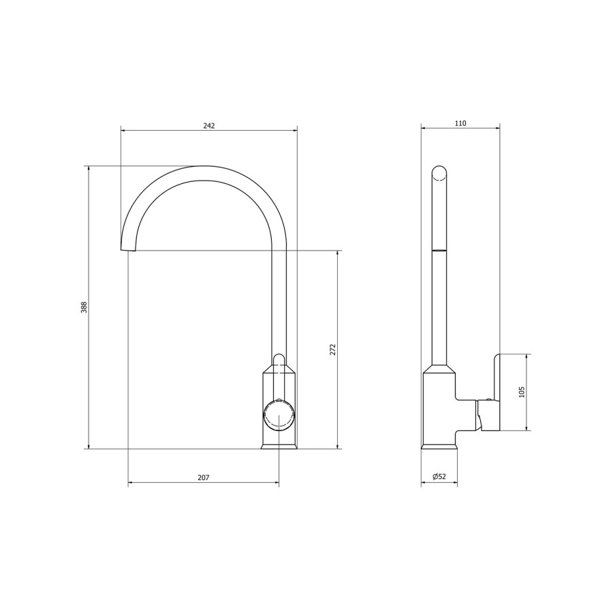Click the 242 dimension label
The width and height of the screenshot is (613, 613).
coord(209,126)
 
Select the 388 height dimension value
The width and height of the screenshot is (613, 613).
coord(84,307)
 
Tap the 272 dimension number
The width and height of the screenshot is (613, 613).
coord(333,349)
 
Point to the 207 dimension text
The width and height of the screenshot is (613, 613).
coord(203,478)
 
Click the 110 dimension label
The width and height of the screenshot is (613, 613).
coord(460,123)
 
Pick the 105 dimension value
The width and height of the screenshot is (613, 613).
coord(522,392)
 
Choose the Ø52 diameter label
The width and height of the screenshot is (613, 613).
coord(439,477)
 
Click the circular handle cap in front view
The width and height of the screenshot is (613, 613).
coord(279,415)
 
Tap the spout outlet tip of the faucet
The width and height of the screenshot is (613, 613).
coord(128,249)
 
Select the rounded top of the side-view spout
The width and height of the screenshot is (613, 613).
coord(440,172)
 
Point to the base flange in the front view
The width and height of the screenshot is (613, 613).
coord(279,446)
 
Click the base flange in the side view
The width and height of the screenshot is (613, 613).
coord(439,446)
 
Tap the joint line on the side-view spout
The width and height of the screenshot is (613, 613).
coord(440,251)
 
